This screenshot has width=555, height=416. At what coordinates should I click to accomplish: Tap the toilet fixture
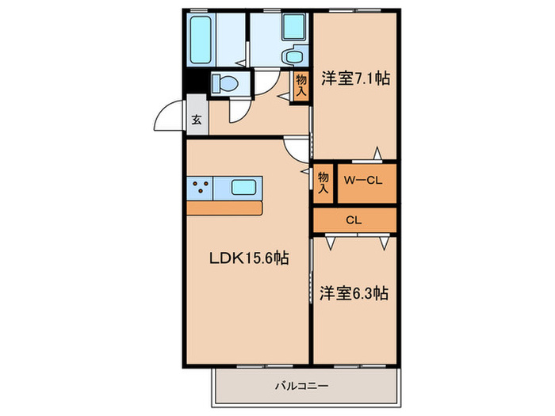224,82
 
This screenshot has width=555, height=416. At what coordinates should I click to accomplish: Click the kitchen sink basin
244,189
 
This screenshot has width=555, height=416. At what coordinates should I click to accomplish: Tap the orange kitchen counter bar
224,208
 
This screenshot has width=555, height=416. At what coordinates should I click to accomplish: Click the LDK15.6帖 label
248,258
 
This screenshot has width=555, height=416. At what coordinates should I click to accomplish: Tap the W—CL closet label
363,181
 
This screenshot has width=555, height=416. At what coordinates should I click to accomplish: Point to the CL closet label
354,219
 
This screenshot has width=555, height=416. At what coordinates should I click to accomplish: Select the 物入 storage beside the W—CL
323,182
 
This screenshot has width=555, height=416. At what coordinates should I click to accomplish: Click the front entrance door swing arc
168,119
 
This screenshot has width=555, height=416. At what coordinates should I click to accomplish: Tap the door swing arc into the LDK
295,147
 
